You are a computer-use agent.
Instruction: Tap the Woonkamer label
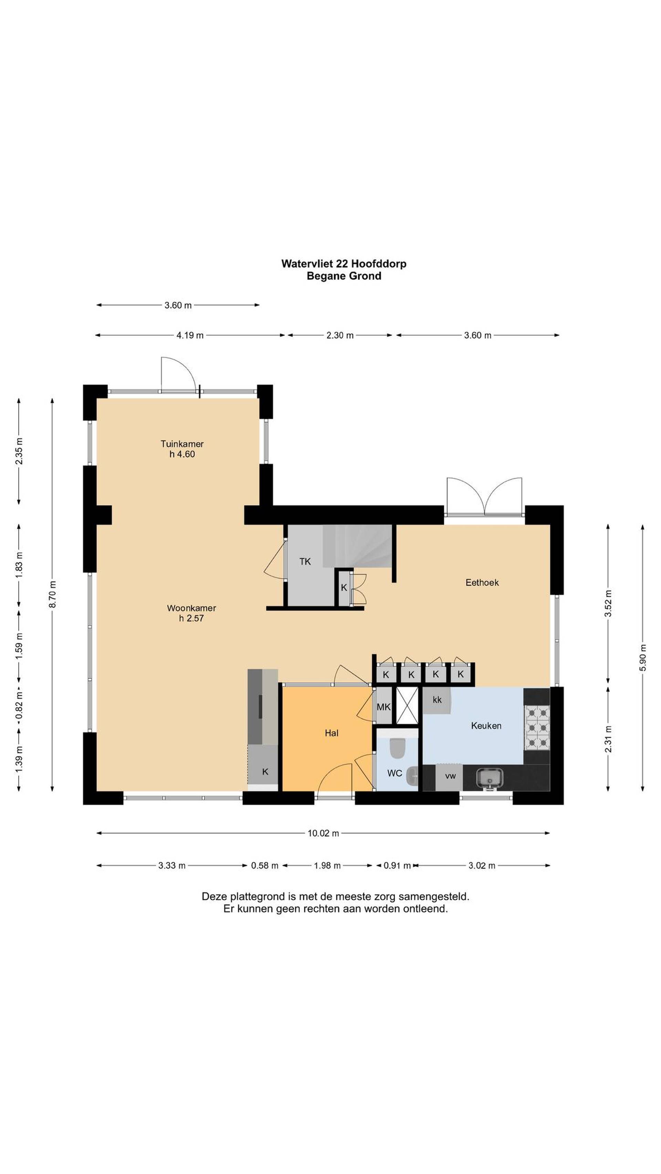(191, 607)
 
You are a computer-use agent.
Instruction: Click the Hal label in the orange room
(331, 733)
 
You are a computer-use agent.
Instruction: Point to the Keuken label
(486, 725)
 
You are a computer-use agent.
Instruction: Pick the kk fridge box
(437, 700)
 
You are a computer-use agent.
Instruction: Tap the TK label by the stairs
(305, 561)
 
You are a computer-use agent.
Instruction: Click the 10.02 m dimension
(323, 833)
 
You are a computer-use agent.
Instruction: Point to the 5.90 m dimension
(642, 657)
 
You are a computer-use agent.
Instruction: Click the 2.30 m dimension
(339, 335)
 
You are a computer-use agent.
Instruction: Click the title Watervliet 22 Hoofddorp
(344, 263)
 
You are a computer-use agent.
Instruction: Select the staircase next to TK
(358, 546)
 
